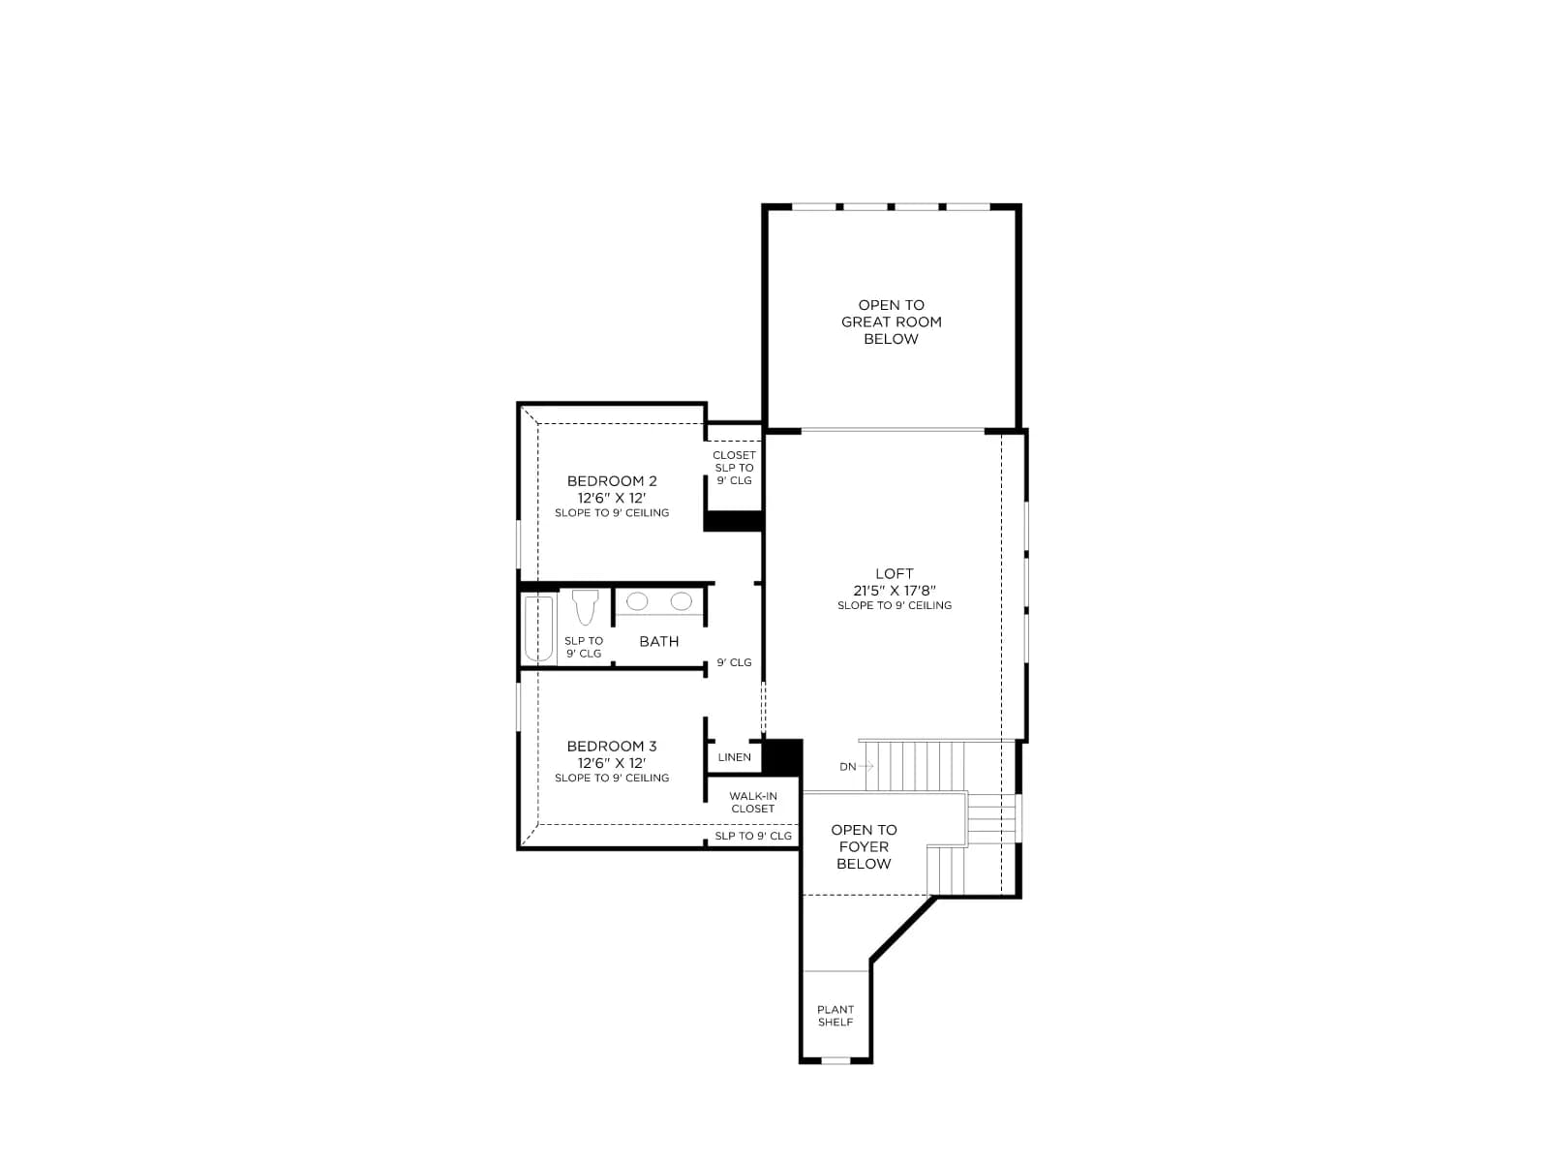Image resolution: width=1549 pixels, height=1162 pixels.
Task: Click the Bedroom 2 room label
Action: coord(611,481)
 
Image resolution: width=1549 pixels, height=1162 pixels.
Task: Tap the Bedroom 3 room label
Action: coord(611,746)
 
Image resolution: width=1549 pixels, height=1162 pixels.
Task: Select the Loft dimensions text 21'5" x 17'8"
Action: coord(895,591)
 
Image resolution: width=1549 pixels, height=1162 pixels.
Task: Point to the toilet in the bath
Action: coord(585,607)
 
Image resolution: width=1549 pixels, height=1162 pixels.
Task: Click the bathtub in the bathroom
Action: coord(538,627)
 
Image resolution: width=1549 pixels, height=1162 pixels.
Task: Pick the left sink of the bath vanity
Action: coord(636,601)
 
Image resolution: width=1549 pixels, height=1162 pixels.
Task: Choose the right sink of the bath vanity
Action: coord(681,601)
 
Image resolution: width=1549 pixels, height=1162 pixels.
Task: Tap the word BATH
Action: coord(658,641)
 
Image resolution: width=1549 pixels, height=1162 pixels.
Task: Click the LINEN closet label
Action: coord(734,757)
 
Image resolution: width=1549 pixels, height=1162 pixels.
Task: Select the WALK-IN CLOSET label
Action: coord(753,802)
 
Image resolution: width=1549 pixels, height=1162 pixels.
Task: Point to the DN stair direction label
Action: coord(847,767)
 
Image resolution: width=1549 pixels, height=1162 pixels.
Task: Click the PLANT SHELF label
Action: coord(835,1016)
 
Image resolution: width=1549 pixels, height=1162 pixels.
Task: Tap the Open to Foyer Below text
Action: coord(863,846)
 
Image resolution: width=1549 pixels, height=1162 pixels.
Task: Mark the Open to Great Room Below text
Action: coord(891,321)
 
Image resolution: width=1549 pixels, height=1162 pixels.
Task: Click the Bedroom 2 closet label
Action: coord(734,468)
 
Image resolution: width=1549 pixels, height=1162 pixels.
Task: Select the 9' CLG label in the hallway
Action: coord(734,662)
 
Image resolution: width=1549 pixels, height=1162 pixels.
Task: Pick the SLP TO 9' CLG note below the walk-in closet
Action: coord(753,836)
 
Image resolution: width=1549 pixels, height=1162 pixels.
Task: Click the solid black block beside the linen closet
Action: coord(782,757)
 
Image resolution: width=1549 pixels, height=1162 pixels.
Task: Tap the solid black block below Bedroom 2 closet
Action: coord(733,521)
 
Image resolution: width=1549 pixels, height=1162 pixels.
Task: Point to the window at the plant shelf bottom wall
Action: coord(835,1059)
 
